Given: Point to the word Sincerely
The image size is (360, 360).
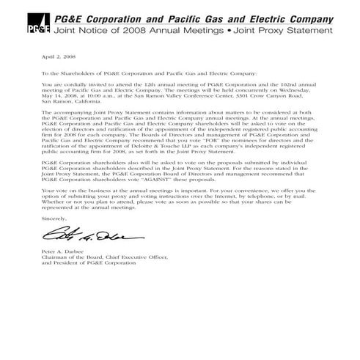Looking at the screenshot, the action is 54,218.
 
